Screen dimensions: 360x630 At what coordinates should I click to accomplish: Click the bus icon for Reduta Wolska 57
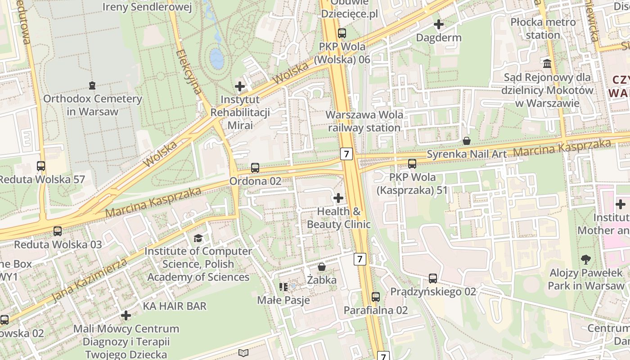tap(41, 166)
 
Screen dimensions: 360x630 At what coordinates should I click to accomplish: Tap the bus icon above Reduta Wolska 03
tap(58, 231)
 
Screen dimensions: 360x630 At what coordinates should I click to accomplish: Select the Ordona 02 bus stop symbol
tap(255, 168)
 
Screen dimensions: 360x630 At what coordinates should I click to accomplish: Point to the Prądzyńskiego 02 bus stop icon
tap(433, 279)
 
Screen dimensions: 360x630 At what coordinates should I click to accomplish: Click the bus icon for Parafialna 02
tap(376, 297)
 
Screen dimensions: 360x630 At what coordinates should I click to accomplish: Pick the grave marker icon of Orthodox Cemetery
tap(92, 85)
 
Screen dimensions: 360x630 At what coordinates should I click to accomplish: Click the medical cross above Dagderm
tap(439, 24)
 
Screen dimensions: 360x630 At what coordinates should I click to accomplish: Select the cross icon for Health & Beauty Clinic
tap(338, 198)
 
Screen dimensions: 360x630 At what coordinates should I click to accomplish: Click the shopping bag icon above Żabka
tap(322, 267)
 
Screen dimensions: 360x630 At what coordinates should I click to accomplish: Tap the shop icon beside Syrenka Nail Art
tap(467, 141)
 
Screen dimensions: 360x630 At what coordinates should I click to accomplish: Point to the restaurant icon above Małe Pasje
tap(283, 287)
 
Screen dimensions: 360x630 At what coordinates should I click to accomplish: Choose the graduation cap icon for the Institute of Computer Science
tap(198, 238)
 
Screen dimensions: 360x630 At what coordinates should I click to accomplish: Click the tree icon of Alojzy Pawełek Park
tap(586, 260)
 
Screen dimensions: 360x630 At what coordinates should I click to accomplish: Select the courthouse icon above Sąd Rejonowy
tap(547, 64)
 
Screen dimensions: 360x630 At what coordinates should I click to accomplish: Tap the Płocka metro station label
tap(543, 28)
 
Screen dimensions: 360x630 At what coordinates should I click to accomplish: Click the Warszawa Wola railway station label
tap(364, 121)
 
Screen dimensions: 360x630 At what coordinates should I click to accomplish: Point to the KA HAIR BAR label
tap(175, 306)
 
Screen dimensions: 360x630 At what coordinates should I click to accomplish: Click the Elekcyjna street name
tap(189, 71)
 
